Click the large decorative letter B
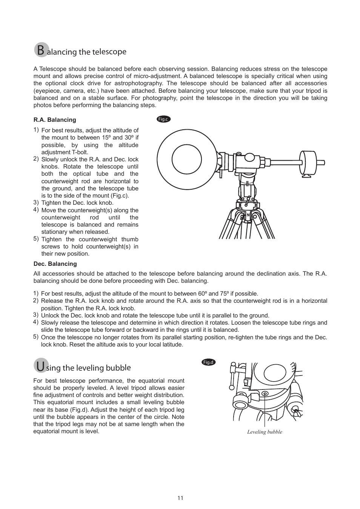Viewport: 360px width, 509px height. [41, 50]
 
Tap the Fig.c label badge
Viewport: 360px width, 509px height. [163, 119]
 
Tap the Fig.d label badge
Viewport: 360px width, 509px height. [209, 362]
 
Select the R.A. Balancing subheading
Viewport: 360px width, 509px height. [55, 120]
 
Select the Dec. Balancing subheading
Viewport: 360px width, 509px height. [55, 264]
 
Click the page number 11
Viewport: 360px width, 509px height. [180, 498]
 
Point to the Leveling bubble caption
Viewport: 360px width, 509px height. [265, 432]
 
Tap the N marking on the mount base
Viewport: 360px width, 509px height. [248, 215]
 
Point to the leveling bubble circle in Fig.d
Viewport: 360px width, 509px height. [265, 394]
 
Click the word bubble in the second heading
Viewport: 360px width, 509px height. [118, 368]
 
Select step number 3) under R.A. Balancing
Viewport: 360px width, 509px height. [36, 202]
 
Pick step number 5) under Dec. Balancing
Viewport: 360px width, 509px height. [36, 337]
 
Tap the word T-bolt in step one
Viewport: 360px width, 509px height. [80, 152]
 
